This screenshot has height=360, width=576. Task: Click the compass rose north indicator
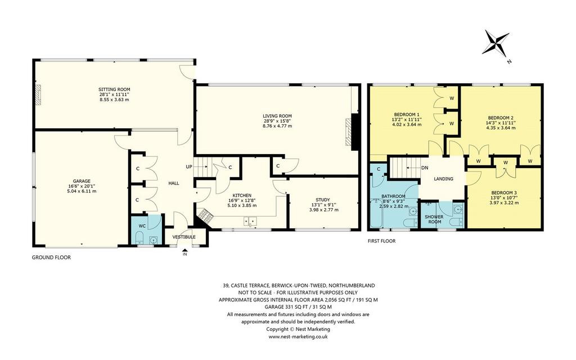[496, 43]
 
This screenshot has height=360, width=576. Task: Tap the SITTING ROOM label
[114, 89]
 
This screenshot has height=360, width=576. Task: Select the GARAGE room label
[82, 181]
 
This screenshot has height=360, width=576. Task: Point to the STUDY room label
[322, 200]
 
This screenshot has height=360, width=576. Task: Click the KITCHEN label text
[242, 195]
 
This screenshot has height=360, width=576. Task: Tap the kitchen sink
[249, 222]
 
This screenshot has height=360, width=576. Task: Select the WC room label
[142, 226]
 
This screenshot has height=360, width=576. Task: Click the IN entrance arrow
[184, 250]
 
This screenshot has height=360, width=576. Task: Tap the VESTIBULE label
[184, 237]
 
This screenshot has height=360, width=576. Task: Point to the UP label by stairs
[189, 166]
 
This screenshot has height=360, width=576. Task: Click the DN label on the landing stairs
[425, 168]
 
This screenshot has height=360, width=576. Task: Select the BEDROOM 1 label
[407, 114]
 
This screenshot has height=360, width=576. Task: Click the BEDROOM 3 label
[504, 193]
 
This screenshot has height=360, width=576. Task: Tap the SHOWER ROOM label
[434, 219]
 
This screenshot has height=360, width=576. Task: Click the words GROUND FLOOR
[51, 258]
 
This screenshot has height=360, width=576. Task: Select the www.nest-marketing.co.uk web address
[298, 336]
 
